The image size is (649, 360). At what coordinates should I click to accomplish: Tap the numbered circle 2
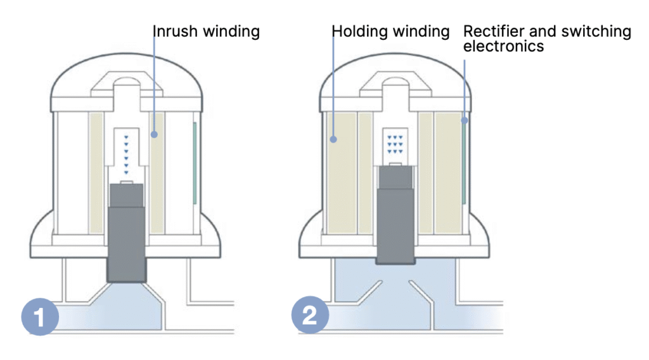click(310, 316)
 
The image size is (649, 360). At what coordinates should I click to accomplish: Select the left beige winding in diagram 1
click(96, 171)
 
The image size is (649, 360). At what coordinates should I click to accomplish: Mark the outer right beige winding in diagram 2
click(448, 171)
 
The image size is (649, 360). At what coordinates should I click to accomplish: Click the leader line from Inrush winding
click(154, 82)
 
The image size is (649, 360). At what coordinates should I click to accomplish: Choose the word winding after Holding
click(421, 31)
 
